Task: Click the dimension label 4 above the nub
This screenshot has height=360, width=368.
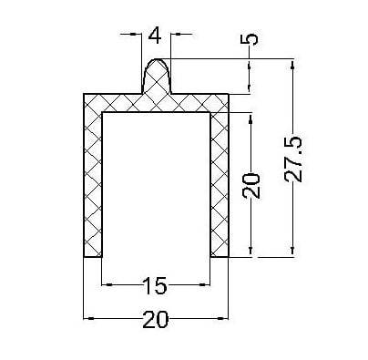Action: point(155,36)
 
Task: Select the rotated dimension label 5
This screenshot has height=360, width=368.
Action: point(249,39)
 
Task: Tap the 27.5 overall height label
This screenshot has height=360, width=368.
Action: point(293,159)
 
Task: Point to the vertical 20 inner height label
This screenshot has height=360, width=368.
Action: point(251,186)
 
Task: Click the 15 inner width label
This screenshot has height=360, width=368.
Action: point(155,285)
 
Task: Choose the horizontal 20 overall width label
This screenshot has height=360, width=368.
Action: point(155,320)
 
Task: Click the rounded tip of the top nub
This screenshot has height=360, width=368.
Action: point(156,59)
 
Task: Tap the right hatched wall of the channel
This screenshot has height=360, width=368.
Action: point(220,184)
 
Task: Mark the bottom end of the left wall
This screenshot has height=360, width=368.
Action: point(93,257)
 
